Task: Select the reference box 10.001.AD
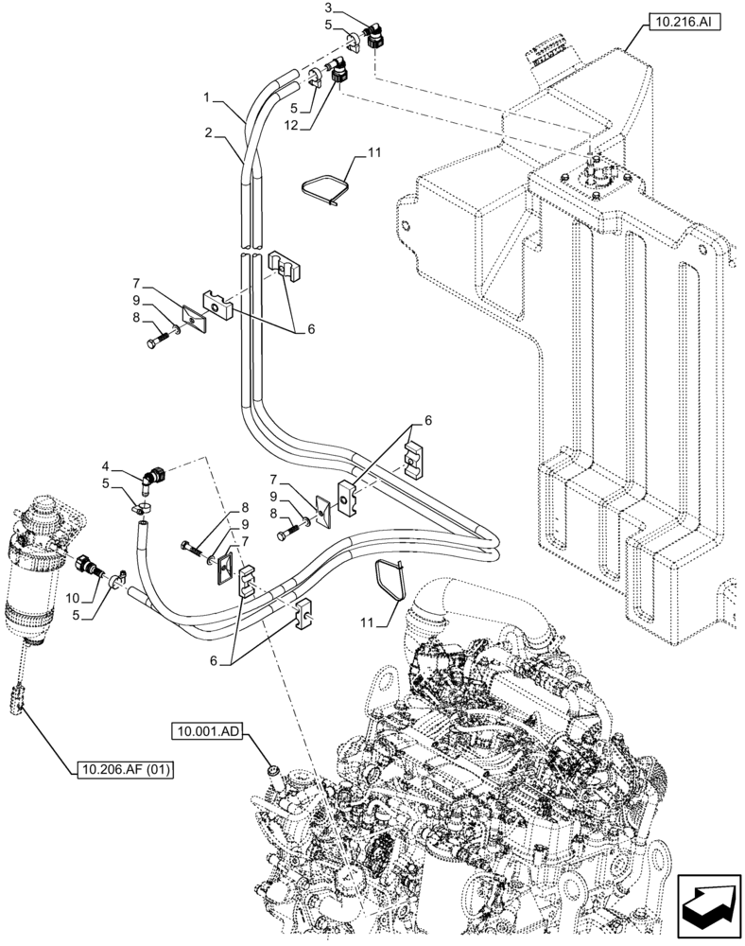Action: point(206,731)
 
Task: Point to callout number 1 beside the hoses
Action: point(207,97)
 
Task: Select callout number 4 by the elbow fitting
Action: point(107,465)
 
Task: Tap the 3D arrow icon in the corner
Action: point(708,902)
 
